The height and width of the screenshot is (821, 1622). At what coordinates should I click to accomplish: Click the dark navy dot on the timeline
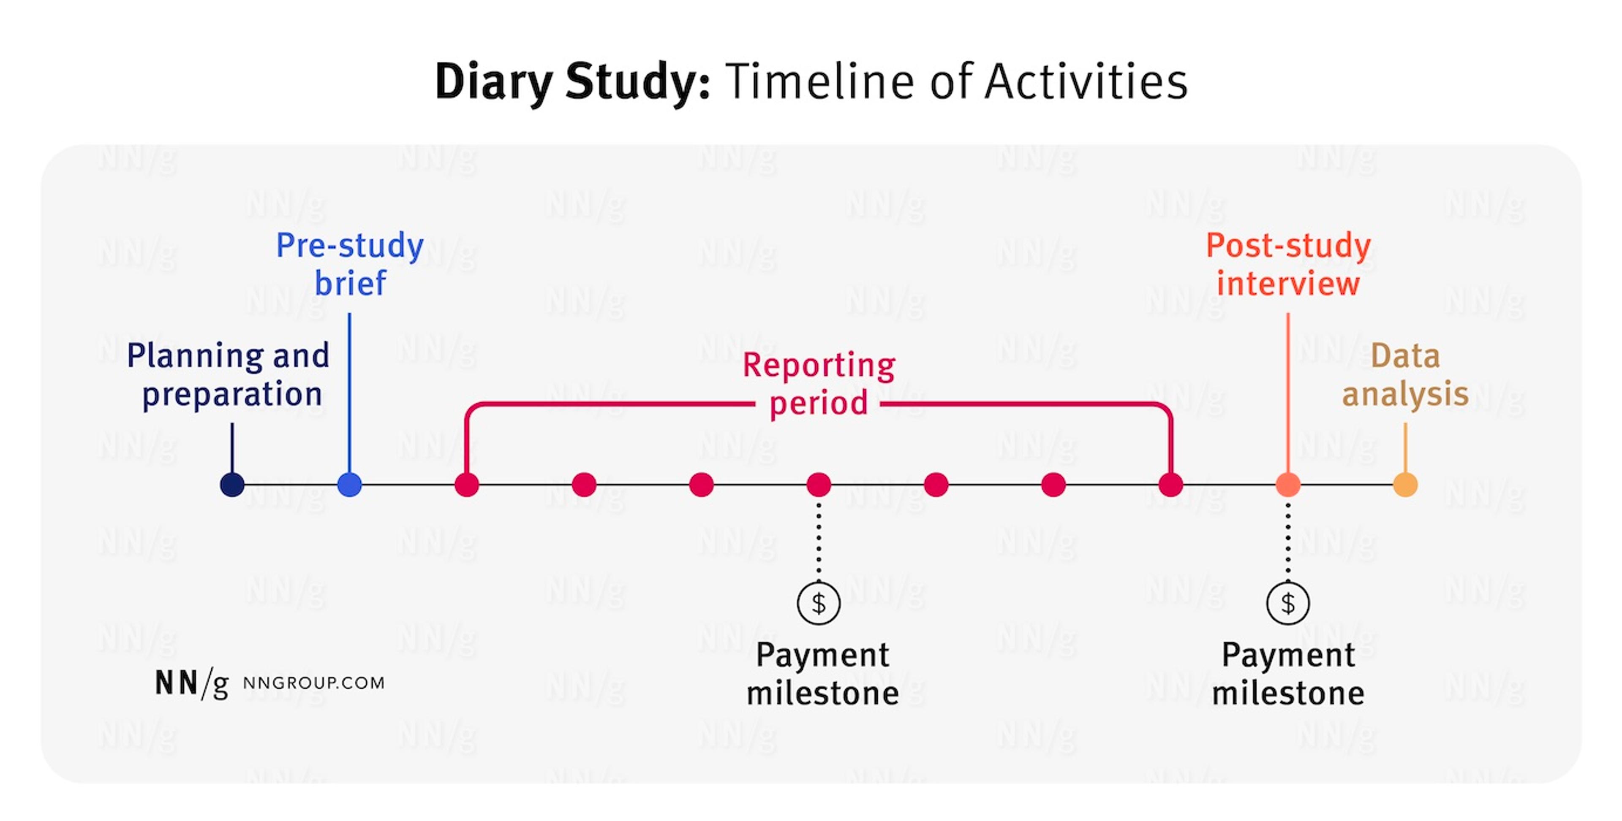pyautogui.click(x=232, y=485)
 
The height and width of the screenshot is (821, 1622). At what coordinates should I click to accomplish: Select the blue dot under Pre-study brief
pyautogui.click(x=349, y=485)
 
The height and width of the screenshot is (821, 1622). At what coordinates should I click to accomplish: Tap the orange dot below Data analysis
pyautogui.click(x=1405, y=485)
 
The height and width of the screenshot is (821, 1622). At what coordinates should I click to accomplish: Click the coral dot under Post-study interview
pyautogui.click(x=1287, y=485)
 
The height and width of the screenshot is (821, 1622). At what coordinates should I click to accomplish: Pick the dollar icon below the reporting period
pyautogui.click(x=819, y=603)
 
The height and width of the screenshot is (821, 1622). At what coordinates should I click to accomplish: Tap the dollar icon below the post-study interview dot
pyautogui.click(x=1287, y=603)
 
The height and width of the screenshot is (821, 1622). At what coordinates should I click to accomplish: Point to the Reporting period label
pyautogui.click(x=819, y=384)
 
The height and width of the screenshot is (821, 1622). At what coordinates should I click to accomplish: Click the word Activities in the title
pyautogui.click(x=1086, y=82)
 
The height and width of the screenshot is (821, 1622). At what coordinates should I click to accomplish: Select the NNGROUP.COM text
pyautogui.click(x=313, y=683)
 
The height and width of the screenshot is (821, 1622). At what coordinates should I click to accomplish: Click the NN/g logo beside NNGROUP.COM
pyautogui.click(x=191, y=683)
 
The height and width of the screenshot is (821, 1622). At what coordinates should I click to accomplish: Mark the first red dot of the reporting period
pyautogui.click(x=467, y=485)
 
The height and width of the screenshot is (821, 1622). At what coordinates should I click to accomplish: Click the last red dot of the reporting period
pyautogui.click(x=1170, y=485)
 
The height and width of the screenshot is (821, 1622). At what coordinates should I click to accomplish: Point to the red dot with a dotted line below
pyautogui.click(x=819, y=485)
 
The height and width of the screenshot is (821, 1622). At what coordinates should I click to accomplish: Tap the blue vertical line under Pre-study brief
pyautogui.click(x=349, y=390)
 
